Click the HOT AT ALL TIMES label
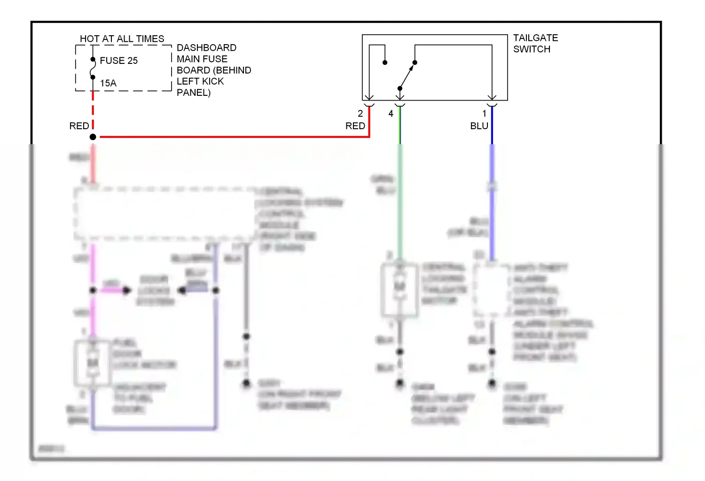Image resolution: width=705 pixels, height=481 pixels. [122, 39]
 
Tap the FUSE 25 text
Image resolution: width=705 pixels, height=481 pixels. [118, 61]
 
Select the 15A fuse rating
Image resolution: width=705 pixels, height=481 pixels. [108, 83]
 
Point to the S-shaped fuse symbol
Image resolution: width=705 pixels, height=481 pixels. [93, 69]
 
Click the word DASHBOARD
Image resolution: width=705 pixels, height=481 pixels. [206, 48]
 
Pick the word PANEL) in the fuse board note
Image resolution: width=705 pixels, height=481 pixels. [193, 93]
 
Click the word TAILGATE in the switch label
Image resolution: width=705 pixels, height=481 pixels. [535, 38]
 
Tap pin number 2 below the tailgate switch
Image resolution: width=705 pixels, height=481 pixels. [360, 114]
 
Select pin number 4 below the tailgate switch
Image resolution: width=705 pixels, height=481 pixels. [391, 114]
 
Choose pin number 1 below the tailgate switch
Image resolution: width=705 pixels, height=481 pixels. [484, 114]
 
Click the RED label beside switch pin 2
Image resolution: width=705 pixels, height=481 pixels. [355, 126]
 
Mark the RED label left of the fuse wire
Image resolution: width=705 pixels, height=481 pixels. [79, 126]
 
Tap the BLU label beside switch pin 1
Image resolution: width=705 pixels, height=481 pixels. [479, 126]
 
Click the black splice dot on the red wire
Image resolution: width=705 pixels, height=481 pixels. [93, 137]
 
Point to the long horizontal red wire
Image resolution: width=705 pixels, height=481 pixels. [235, 137]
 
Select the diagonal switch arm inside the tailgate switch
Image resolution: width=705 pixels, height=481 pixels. [407, 75]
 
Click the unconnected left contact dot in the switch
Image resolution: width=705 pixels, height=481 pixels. [385, 62]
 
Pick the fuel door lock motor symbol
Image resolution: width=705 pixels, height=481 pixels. [93, 363]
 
